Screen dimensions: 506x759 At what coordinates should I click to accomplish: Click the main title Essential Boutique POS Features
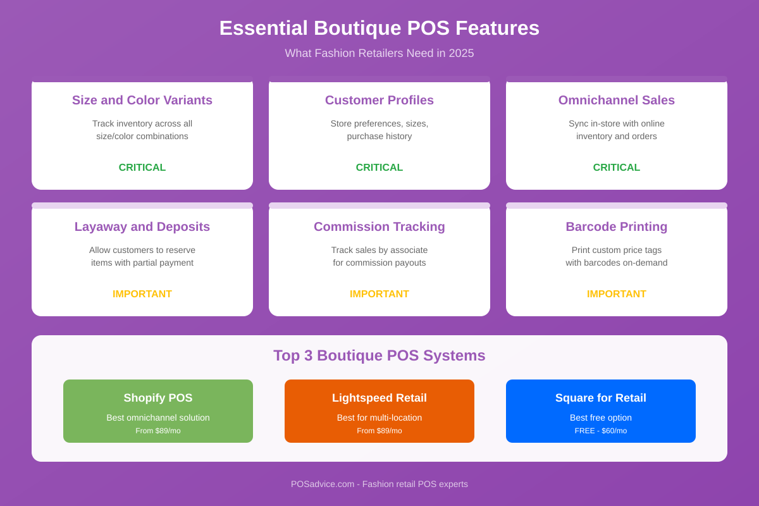click(379, 28)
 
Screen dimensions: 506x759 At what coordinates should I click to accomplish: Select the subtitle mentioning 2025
click(379, 53)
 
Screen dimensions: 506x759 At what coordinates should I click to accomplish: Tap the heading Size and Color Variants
click(142, 100)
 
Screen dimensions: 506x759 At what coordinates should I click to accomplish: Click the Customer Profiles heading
click(379, 100)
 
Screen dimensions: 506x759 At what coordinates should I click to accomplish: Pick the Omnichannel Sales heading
click(617, 100)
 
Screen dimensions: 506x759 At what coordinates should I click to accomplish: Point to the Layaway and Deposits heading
click(142, 226)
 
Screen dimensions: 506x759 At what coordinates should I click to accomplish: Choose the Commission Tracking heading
click(379, 226)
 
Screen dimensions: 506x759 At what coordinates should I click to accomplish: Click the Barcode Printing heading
click(617, 226)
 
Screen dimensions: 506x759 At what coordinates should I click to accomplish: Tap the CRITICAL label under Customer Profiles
click(379, 168)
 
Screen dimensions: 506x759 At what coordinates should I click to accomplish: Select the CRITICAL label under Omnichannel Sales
click(617, 168)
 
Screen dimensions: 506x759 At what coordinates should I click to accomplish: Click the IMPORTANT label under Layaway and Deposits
click(142, 294)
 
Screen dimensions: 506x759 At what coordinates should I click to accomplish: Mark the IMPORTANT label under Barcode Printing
click(617, 294)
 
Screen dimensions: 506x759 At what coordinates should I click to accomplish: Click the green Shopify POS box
click(158, 411)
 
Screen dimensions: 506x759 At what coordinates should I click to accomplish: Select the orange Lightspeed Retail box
click(379, 411)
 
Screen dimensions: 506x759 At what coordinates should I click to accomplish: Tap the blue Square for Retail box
click(601, 411)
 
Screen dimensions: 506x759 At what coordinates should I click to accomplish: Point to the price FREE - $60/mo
click(601, 431)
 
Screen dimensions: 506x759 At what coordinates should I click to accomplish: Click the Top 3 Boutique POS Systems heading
click(379, 355)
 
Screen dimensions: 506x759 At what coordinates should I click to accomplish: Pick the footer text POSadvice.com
click(323, 484)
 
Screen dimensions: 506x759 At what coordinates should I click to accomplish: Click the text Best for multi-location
click(379, 417)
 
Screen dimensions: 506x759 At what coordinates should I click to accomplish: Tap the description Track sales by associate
click(379, 250)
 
